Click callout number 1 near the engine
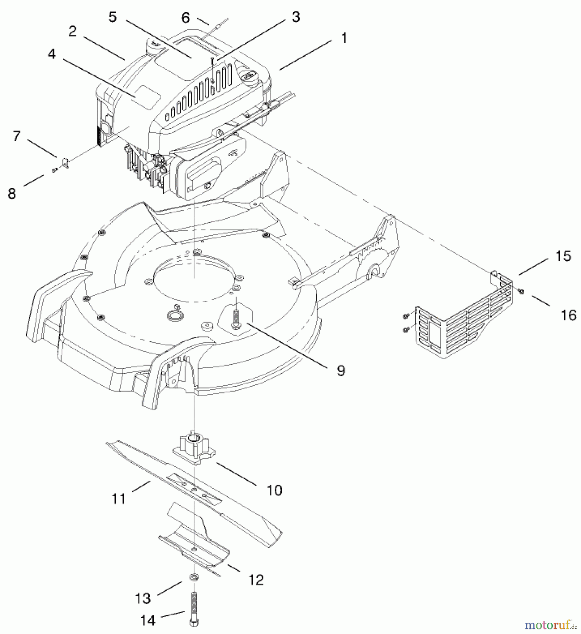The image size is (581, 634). click(x=344, y=38)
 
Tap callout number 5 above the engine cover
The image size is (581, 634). click(x=112, y=17)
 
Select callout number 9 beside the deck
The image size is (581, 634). click(x=341, y=370)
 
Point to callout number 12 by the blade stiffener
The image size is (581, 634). click(x=256, y=580)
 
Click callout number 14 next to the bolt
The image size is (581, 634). click(x=148, y=620)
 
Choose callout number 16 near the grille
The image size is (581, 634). click(x=568, y=315)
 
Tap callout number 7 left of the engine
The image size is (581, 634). click(x=17, y=136)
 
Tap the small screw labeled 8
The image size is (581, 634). click(x=54, y=170)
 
